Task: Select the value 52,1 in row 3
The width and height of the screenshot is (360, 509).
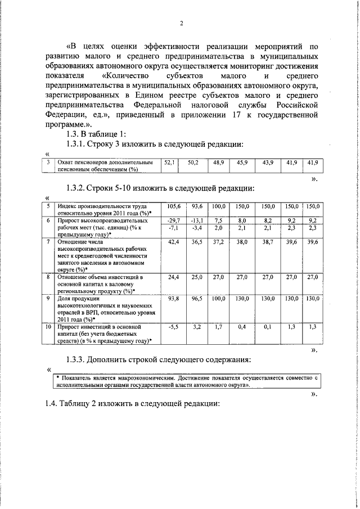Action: pos(169,162)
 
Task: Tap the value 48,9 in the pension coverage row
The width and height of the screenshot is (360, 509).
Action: pos(218,162)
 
